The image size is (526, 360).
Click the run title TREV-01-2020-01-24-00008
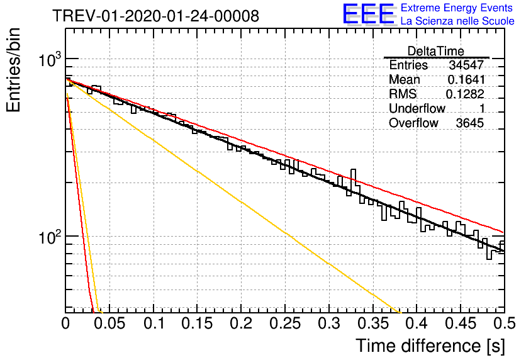tap(156, 16)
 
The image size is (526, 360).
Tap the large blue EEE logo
tap(368, 14)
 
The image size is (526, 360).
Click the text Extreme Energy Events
tap(457, 8)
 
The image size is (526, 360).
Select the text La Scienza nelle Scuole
tap(457, 21)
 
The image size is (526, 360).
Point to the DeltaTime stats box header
tap(436, 51)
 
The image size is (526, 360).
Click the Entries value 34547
tap(466, 65)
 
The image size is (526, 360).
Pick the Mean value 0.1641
tap(466, 79)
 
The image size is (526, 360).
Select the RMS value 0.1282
tap(465, 94)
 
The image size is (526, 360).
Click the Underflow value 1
tap(482, 108)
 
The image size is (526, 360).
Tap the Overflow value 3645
tap(469, 123)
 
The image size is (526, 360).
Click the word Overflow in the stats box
tap(413, 123)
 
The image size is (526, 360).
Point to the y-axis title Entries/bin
tap(13, 70)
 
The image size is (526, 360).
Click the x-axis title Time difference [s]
tap(430, 346)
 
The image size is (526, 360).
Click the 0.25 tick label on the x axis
tap(285, 323)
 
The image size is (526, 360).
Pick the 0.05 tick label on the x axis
tap(109, 323)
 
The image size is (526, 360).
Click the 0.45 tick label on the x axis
tap(461, 323)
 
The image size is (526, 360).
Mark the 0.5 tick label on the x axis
tap(504, 323)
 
